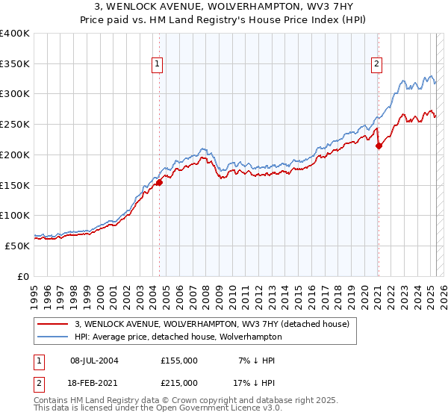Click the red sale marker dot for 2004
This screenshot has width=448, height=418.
(x=159, y=181)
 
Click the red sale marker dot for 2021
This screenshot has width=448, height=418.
(x=379, y=146)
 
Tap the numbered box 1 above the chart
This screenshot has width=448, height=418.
(x=158, y=65)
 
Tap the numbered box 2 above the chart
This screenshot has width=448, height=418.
(x=378, y=65)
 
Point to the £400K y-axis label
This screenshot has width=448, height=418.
(x=15, y=34)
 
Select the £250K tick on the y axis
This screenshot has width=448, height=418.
(x=15, y=125)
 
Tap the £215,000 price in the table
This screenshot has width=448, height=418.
(x=179, y=383)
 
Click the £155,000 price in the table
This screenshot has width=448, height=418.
(x=179, y=361)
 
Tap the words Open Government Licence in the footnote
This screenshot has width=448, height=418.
(x=211, y=408)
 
